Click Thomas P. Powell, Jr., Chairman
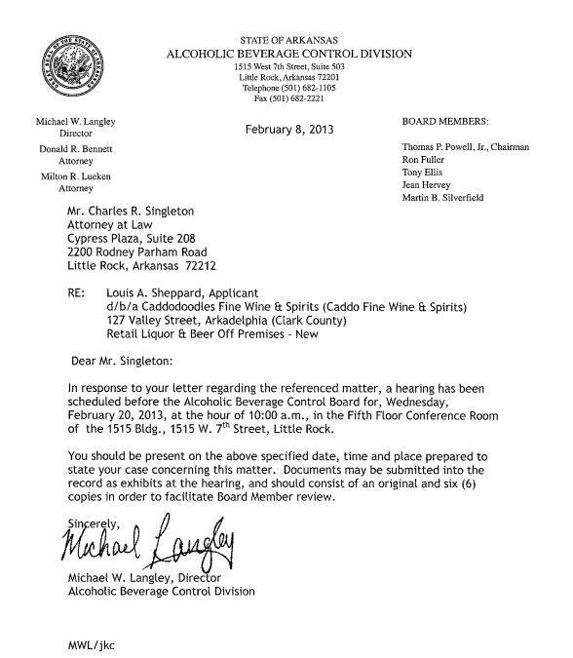pyautogui.click(x=465, y=146)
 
